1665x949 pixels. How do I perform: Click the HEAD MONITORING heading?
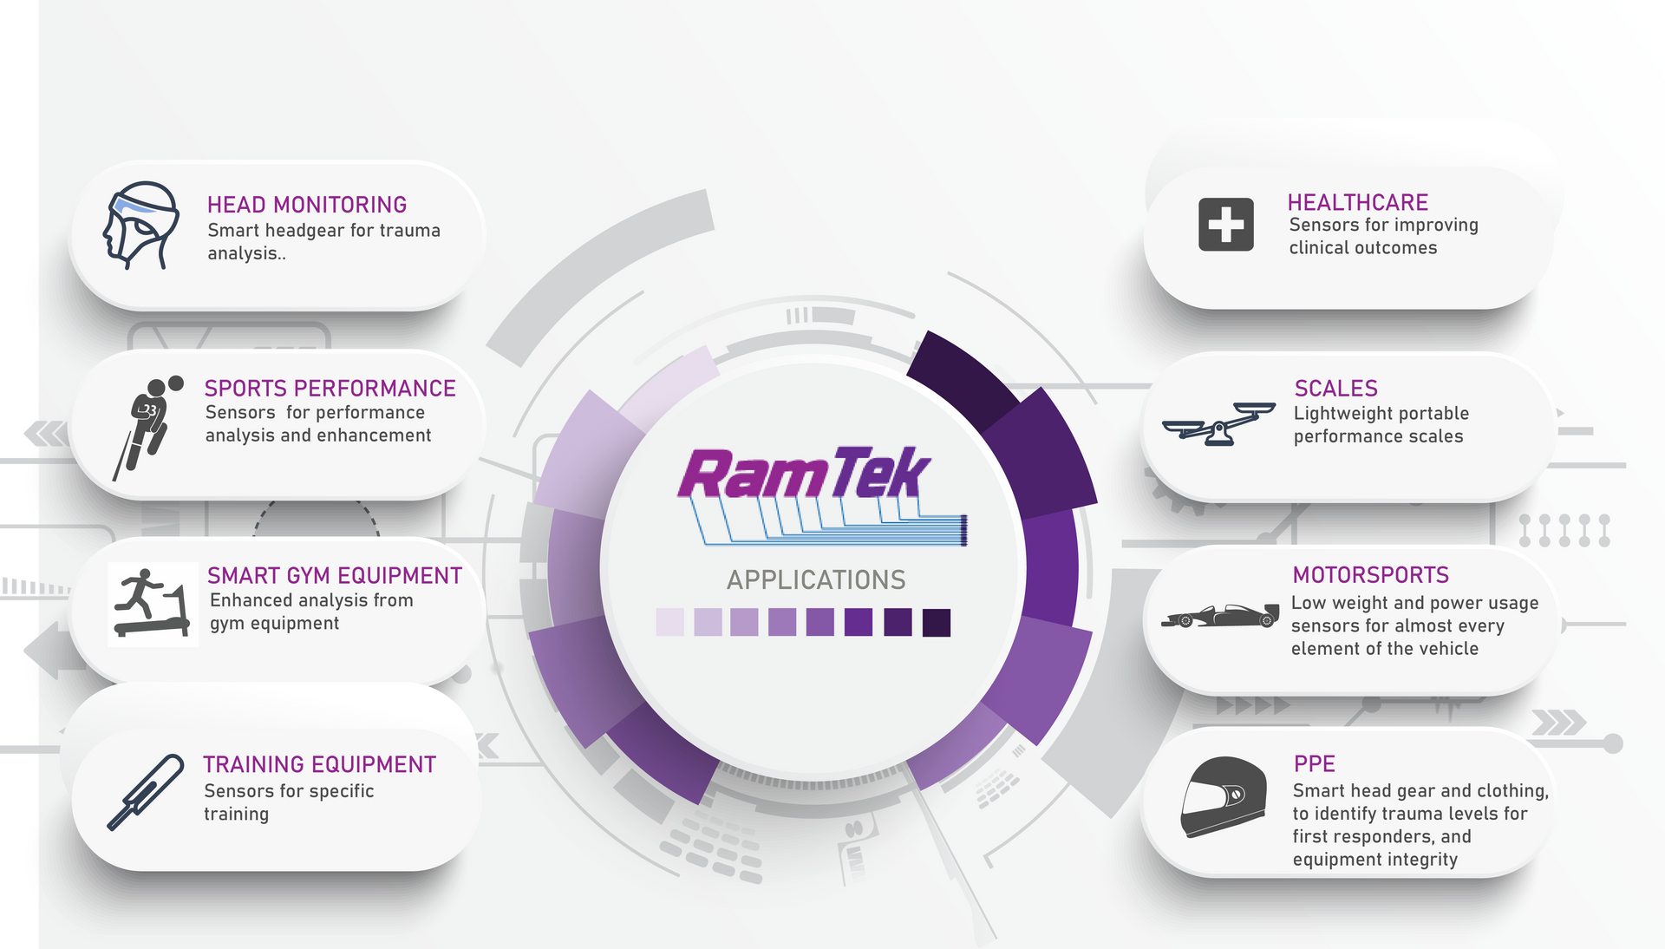(x=306, y=205)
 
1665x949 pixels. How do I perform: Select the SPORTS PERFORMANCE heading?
(x=330, y=389)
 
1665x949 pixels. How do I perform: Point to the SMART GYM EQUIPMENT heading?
(x=334, y=576)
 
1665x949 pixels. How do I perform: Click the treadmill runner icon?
(x=152, y=604)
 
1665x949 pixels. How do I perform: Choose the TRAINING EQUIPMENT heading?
(x=319, y=764)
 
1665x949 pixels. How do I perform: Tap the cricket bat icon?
(x=146, y=791)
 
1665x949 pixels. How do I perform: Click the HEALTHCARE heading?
(x=1357, y=203)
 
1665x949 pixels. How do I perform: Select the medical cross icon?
(x=1225, y=225)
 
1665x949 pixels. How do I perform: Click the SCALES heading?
(x=1335, y=389)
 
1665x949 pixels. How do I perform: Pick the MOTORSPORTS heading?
(x=1370, y=575)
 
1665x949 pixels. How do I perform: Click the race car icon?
(x=1221, y=616)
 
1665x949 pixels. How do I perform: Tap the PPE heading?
(x=1314, y=764)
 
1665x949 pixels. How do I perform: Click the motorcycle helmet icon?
(x=1223, y=797)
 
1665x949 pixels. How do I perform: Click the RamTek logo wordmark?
(x=804, y=475)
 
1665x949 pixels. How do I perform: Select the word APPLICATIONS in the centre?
(x=816, y=580)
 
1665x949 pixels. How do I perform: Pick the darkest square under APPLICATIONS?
(x=936, y=623)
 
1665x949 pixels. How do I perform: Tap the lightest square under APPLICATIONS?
(x=669, y=623)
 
